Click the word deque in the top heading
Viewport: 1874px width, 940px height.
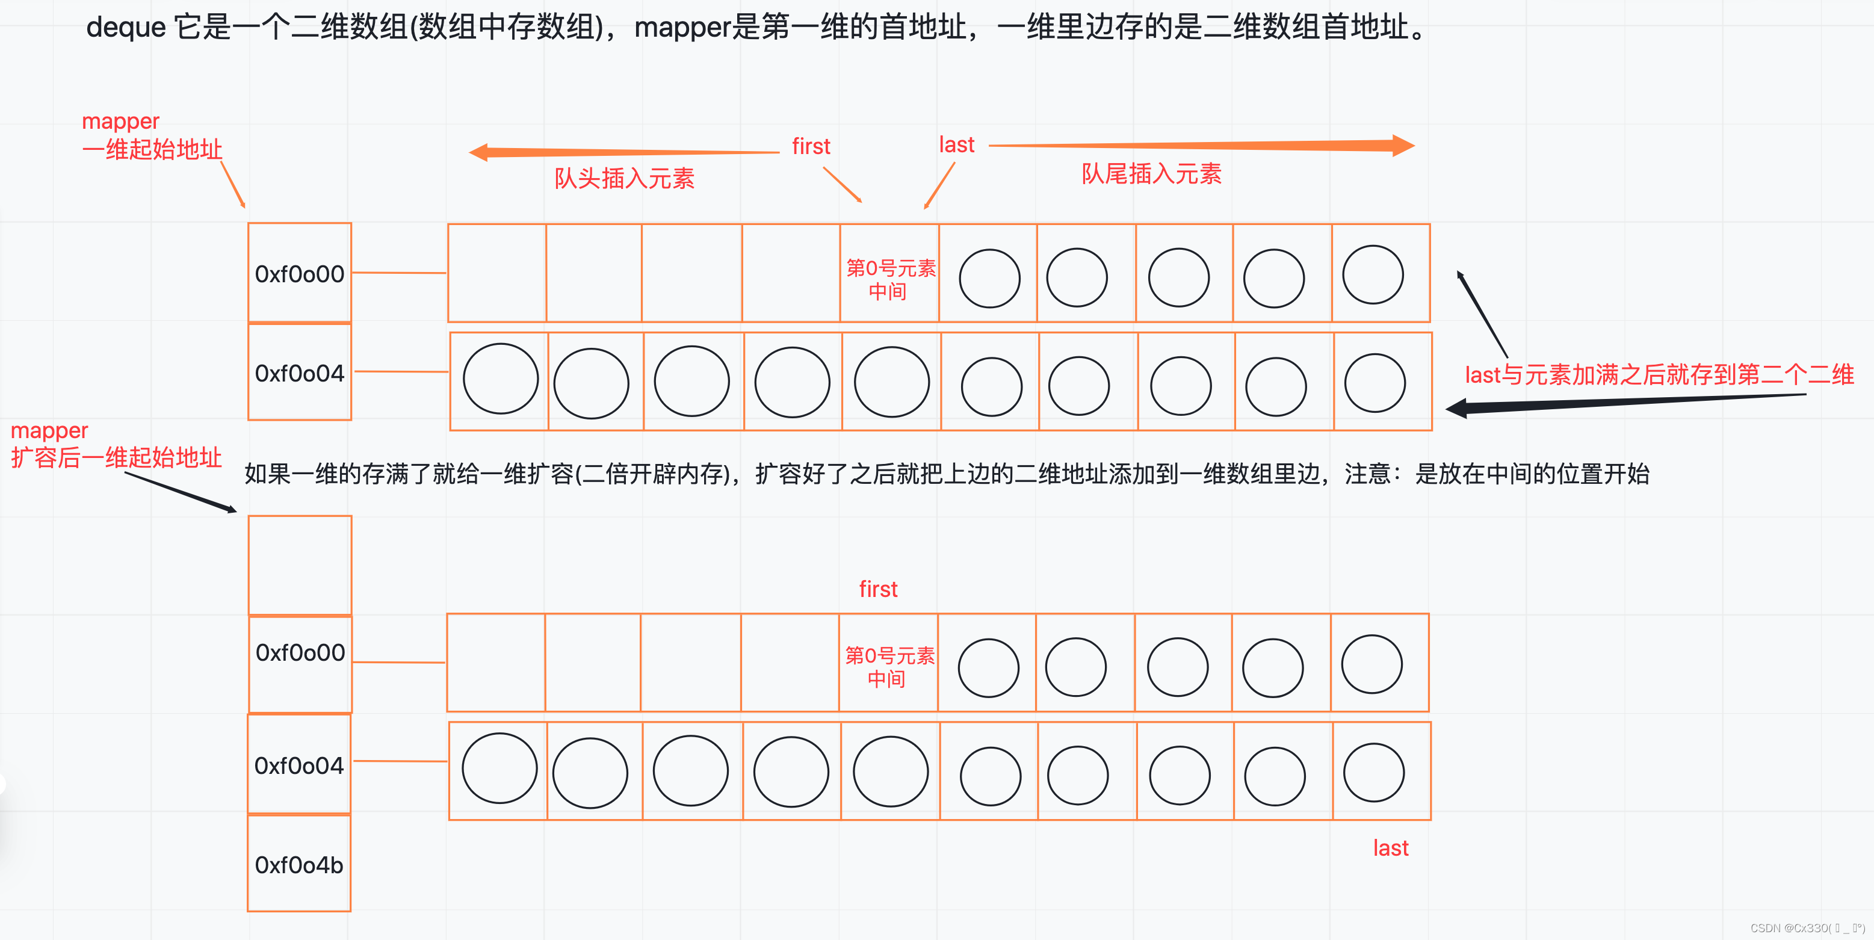coord(126,28)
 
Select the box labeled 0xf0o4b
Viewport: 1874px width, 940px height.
coord(299,864)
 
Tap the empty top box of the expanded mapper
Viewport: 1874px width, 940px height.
coord(300,564)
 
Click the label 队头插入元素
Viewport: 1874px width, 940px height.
coord(624,178)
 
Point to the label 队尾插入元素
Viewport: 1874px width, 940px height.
coord(1151,174)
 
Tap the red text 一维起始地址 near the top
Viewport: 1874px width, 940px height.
coord(152,149)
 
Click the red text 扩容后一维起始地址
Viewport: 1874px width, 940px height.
coord(116,457)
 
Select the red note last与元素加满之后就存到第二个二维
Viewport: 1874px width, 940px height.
coord(1659,375)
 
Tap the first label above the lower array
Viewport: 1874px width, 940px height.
coord(878,589)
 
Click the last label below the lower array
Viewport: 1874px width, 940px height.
coord(1390,847)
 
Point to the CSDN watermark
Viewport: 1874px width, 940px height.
coord(1807,927)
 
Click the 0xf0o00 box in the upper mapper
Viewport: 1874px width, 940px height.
coord(300,274)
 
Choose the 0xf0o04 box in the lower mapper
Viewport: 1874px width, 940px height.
coord(299,765)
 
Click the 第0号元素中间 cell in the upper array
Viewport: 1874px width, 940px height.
coord(889,279)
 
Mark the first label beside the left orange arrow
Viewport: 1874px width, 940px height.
coord(811,146)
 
